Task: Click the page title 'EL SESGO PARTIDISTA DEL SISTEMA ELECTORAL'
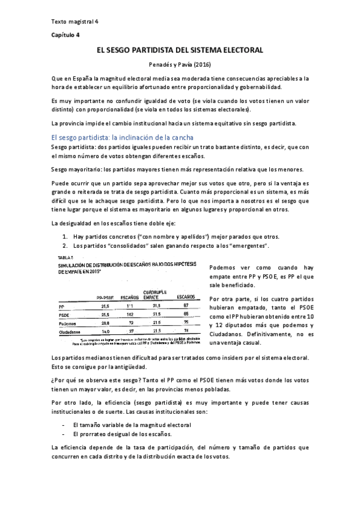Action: point(180,52)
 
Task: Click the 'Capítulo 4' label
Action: point(64,35)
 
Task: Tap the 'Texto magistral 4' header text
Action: point(75,21)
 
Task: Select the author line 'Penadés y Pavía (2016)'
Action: point(180,64)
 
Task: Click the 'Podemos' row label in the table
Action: point(68,323)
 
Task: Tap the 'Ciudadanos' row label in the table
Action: point(70,331)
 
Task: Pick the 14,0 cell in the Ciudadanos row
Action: point(105,331)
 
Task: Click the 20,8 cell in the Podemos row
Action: point(105,323)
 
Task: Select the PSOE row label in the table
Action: point(65,314)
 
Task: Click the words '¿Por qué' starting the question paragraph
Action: point(63,381)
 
